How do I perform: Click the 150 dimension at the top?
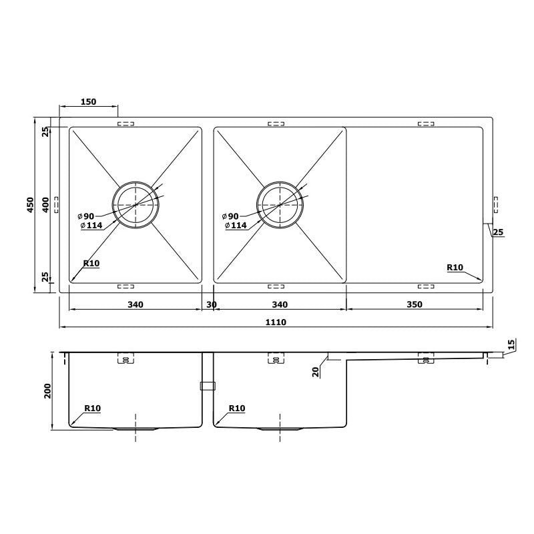pyautogui.click(x=88, y=102)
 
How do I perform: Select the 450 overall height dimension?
pyautogui.click(x=30, y=205)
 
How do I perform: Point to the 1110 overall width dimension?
pyautogui.click(x=276, y=322)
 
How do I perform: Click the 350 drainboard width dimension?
pyautogui.click(x=414, y=304)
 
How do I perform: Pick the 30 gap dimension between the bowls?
pyautogui.click(x=212, y=304)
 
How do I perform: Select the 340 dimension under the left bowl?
pyautogui.click(x=135, y=304)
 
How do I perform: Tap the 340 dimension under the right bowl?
pyautogui.click(x=280, y=304)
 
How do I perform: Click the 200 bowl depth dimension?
pyautogui.click(x=47, y=390)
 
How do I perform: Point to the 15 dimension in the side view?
pyautogui.click(x=511, y=345)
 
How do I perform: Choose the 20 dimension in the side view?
pyautogui.click(x=315, y=371)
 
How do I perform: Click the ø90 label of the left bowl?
pyautogui.click(x=88, y=216)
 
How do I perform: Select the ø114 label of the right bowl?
pyautogui.click(x=236, y=226)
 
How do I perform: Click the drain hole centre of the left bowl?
pyautogui.click(x=136, y=204)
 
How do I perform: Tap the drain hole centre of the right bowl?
pyautogui.click(x=280, y=204)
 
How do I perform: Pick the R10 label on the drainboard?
pyautogui.click(x=455, y=268)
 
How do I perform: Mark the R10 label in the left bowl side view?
pyautogui.click(x=92, y=408)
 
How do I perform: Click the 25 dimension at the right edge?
pyautogui.click(x=497, y=232)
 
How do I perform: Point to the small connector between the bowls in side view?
pyautogui.click(x=208, y=385)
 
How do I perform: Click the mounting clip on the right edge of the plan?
pyautogui.click(x=495, y=205)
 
